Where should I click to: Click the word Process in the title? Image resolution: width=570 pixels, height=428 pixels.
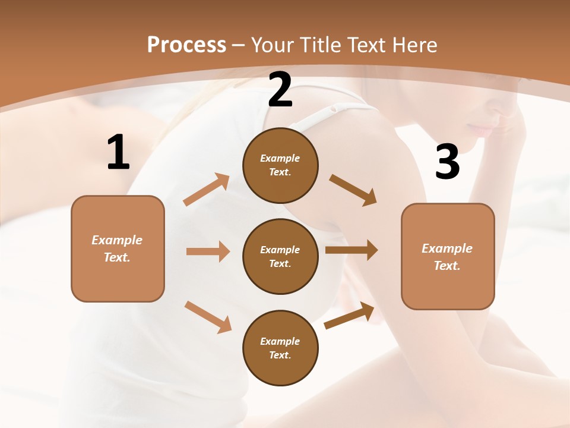tap(186, 45)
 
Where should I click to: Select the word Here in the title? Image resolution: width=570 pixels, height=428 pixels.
tap(414, 45)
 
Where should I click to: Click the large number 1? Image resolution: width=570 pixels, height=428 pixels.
tap(118, 153)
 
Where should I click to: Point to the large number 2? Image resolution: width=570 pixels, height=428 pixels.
tap(280, 90)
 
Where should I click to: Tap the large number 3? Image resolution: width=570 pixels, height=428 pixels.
tap(447, 162)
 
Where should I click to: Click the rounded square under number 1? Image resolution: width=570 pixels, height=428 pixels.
tap(118, 248)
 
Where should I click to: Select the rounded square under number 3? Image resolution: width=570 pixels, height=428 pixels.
tap(448, 257)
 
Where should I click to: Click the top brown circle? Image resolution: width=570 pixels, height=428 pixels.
tap(280, 165)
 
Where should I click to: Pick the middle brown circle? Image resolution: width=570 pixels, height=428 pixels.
tap(280, 256)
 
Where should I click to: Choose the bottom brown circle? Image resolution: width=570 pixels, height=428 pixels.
tap(280, 348)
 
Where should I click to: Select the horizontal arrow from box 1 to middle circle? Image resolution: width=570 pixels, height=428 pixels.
tap(208, 251)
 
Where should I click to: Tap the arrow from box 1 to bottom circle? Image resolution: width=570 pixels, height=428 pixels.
tap(208, 317)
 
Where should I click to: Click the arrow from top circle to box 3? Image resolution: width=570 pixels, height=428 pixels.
tap(353, 190)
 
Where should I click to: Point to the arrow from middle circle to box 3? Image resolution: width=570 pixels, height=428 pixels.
tap(351, 250)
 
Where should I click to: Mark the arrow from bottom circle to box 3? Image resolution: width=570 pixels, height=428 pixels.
tap(349, 315)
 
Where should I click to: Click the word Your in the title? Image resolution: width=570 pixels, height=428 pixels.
tap(272, 45)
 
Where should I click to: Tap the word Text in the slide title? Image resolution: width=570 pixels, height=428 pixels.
tap(368, 45)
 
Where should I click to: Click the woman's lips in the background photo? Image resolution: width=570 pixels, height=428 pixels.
tap(482, 129)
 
